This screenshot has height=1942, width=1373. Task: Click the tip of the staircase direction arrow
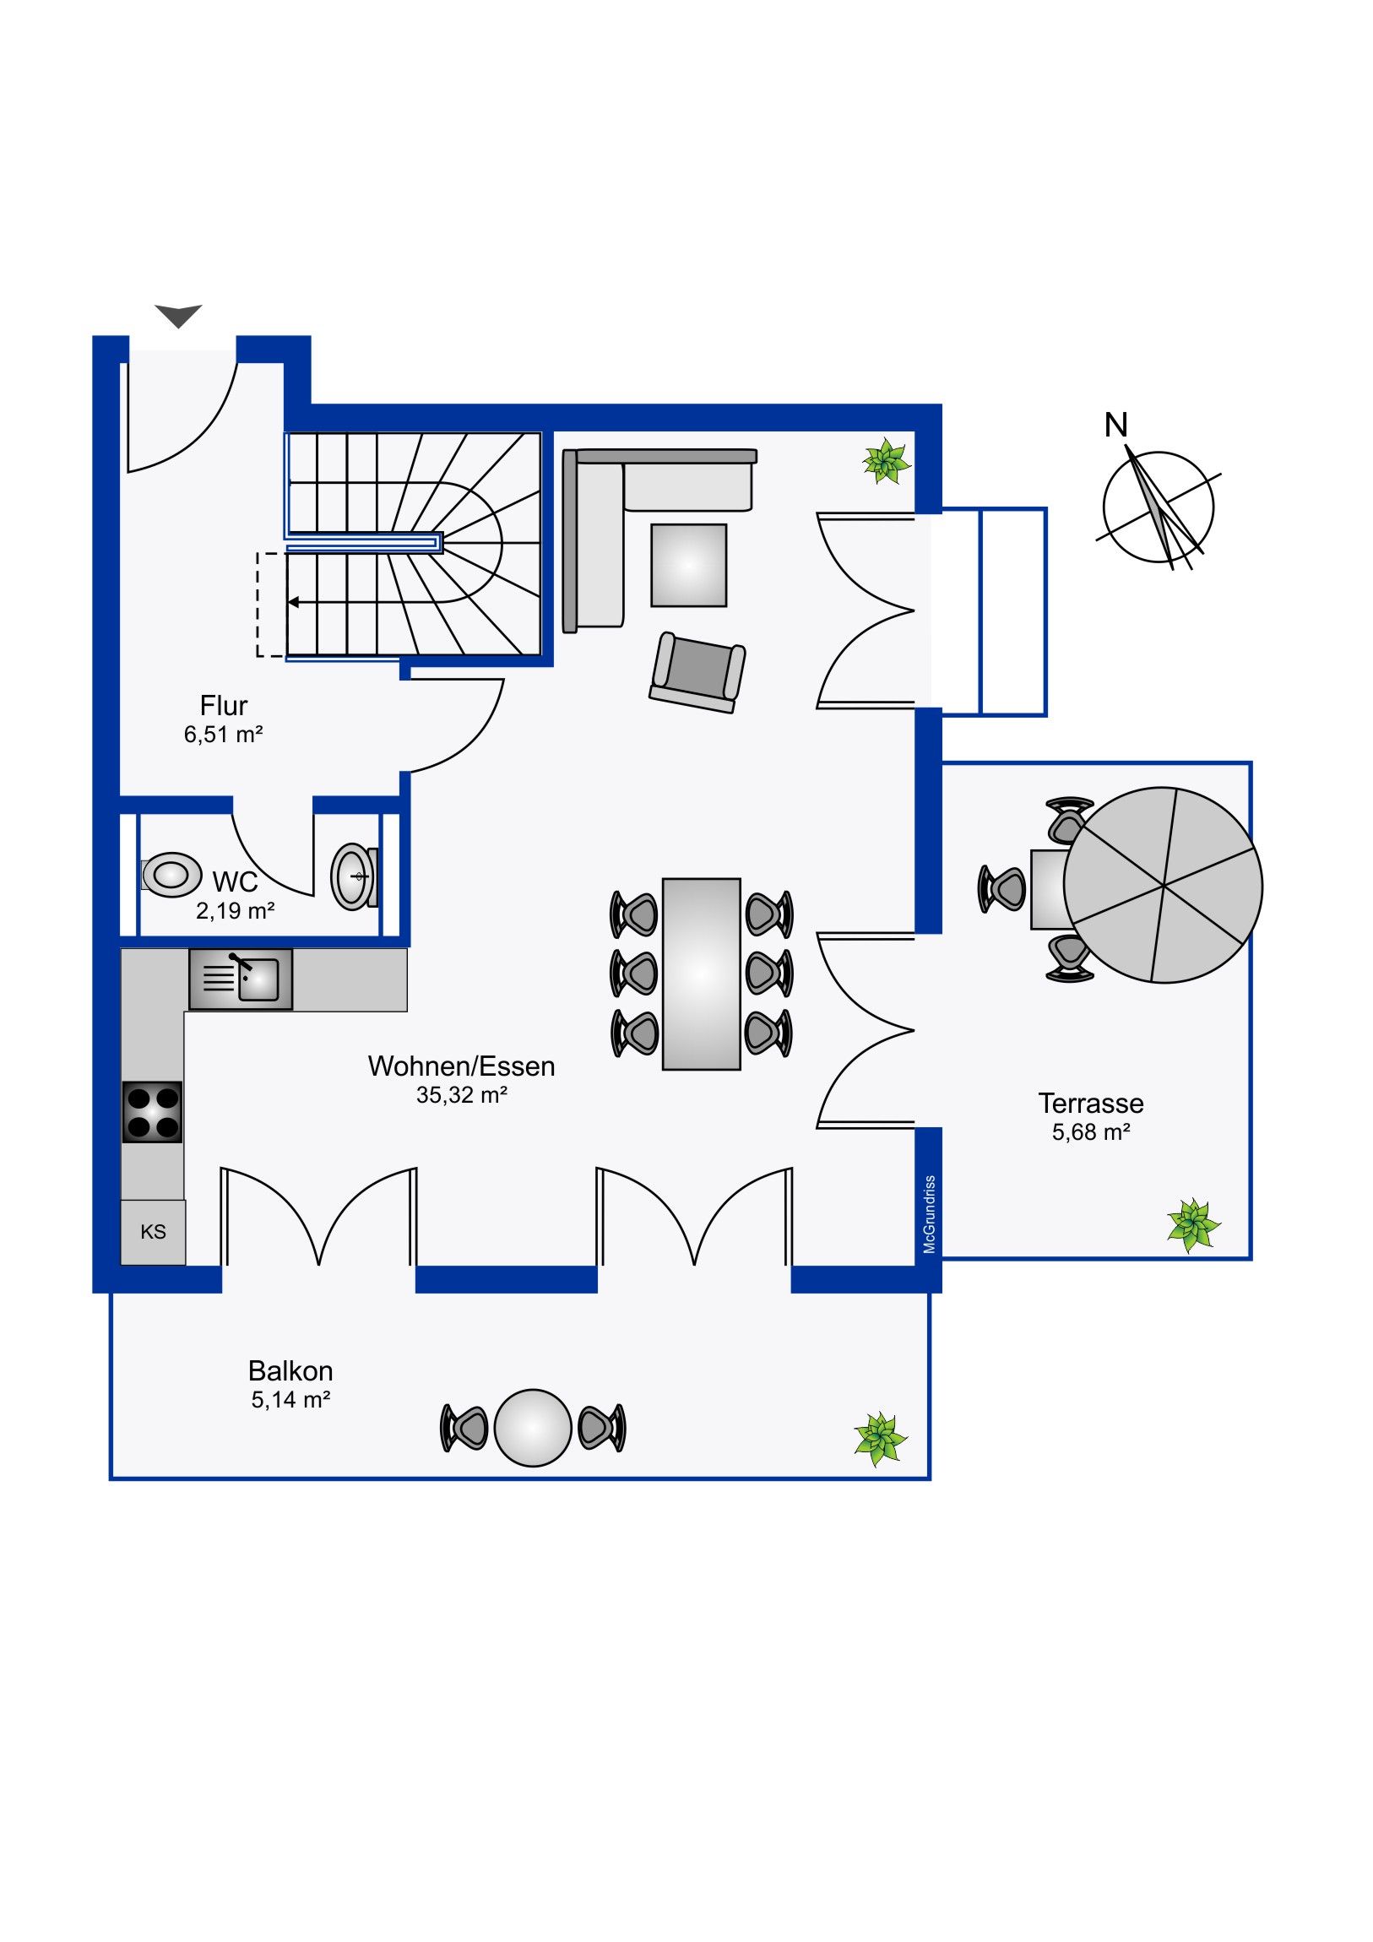[x=289, y=602]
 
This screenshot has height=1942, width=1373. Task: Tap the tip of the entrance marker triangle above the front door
[x=178, y=328]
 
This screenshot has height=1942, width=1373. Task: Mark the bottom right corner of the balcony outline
[x=930, y=1478]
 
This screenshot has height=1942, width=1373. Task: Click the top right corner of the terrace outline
[x=1251, y=763]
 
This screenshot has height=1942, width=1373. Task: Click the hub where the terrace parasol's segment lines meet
[x=1164, y=886]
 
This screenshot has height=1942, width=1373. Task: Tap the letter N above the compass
[x=1115, y=425]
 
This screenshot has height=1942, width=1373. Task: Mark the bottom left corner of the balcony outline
[x=111, y=1478]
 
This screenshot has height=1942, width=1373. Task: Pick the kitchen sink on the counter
[x=241, y=979]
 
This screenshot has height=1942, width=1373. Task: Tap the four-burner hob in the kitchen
[x=152, y=1112]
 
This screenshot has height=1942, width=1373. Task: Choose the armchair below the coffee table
[x=698, y=673]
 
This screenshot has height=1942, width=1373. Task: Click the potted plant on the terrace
[x=1194, y=1225]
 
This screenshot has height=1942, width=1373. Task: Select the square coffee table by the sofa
[x=689, y=565]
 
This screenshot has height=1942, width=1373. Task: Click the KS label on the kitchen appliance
[x=153, y=1232]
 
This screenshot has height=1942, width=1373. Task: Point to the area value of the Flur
[x=223, y=735]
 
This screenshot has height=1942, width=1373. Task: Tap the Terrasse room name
[x=1090, y=1103]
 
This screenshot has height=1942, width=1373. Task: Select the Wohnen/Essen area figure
[x=462, y=1094]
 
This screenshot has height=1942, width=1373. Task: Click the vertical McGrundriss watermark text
[x=930, y=1214]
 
